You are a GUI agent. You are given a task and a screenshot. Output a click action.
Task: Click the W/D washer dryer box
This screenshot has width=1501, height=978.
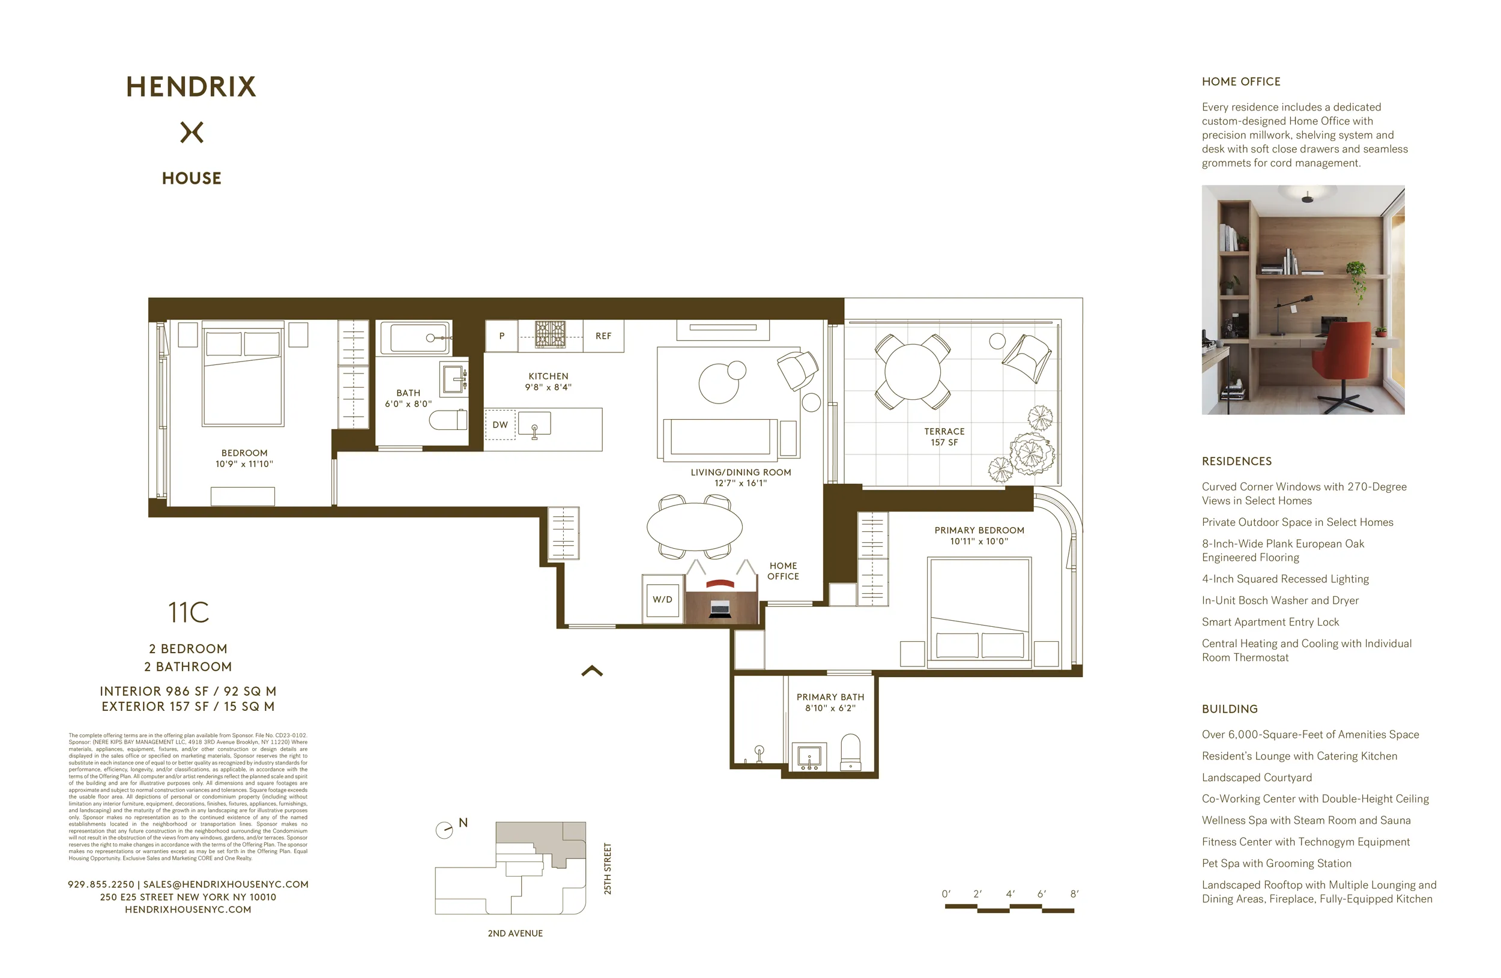(662, 599)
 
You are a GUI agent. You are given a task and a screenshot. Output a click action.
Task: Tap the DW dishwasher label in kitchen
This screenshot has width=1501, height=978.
(500, 424)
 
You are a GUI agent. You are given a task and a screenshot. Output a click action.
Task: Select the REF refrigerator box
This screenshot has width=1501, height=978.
(603, 336)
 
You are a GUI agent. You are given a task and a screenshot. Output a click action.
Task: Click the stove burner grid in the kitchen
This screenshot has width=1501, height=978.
(550, 334)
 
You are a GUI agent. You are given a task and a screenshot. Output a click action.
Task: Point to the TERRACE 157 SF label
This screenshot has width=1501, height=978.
(944, 436)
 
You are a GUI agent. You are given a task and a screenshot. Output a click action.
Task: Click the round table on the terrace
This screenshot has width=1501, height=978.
(912, 372)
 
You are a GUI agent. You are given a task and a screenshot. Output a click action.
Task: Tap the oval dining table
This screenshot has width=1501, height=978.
(695, 526)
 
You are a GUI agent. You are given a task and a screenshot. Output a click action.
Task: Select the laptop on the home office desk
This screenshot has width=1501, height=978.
(720, 609)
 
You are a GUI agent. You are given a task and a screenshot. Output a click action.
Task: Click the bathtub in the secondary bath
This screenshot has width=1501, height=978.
(414, 338)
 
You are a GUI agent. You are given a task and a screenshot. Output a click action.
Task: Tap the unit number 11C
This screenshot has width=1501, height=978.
(188, 612)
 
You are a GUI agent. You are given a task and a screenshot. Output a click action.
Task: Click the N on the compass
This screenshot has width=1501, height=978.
(463, 823)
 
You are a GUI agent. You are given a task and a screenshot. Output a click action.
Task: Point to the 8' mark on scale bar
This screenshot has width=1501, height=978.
(1074, 893)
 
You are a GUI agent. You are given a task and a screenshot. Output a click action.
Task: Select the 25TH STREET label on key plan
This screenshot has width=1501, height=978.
(608, 868)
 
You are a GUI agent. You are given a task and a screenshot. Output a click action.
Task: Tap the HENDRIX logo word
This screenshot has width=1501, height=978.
(191, 87)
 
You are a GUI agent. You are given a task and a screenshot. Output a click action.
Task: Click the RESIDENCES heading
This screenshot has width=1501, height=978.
(1236, 461)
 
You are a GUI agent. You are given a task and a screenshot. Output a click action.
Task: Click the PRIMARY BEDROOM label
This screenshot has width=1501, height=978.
(979, 530)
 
